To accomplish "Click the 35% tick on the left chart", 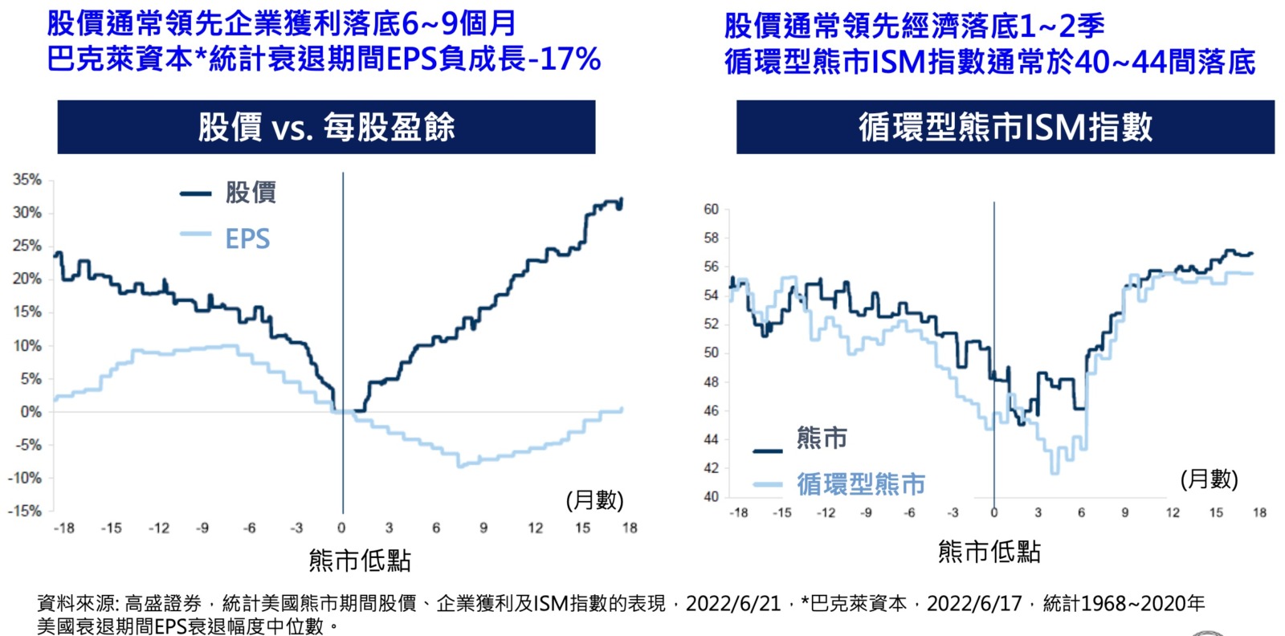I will [x=27, y=180].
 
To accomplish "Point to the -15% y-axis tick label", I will [x=24, y=511].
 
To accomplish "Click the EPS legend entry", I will [x=247, y=238].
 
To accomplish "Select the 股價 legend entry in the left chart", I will [x=251, y=193].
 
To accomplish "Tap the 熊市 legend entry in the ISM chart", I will [x=822, y=438].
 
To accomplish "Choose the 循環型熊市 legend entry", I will [x=861, y=484].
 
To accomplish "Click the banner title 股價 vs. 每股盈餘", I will [x=326, y=127].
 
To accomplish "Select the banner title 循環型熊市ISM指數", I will [x=1006, y=127].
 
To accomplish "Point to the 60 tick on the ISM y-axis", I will [x=711, y=210].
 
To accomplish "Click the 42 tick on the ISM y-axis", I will [x=711, y=468].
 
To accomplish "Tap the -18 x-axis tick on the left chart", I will [x=63, y=528].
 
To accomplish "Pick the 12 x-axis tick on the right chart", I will [x=1173, y=512].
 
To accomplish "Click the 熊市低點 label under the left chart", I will [x=360, y=561].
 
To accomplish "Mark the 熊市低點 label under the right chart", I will [x=989, y=552].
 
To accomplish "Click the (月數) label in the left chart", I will [x=594, y=500].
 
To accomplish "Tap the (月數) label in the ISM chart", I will [x=1209, y=479].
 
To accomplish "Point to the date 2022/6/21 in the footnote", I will [x=733, y=604].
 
